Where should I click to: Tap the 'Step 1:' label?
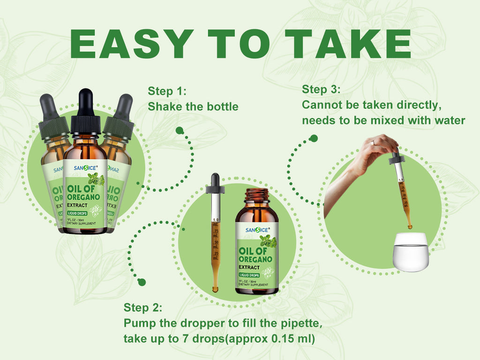(167, 91)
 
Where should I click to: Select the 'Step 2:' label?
(143, 308)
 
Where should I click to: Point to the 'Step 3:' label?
(321, 89)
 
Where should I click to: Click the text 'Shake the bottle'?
(193, 106)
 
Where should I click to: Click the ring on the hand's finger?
(372, 142)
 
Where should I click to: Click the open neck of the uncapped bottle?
(257, 193)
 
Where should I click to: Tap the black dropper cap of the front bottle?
(85, 112)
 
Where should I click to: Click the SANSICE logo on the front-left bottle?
(85, 167)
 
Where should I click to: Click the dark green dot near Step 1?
(179, 130)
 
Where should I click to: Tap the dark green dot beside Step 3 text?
(314, 138)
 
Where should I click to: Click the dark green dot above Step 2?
(142, 282)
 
